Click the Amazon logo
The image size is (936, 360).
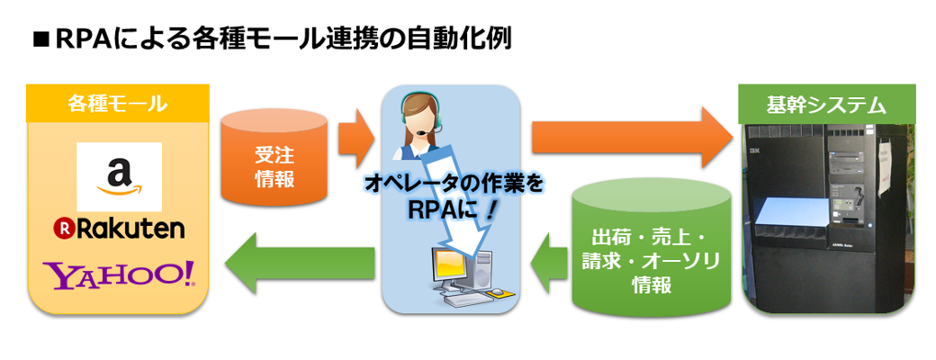tap(119, 176)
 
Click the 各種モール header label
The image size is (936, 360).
tap(118, 103)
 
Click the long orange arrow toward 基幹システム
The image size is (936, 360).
tap(630, 135)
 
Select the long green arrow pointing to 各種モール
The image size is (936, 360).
tap(297, 261)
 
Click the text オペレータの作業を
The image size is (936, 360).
tap(454, 184)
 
